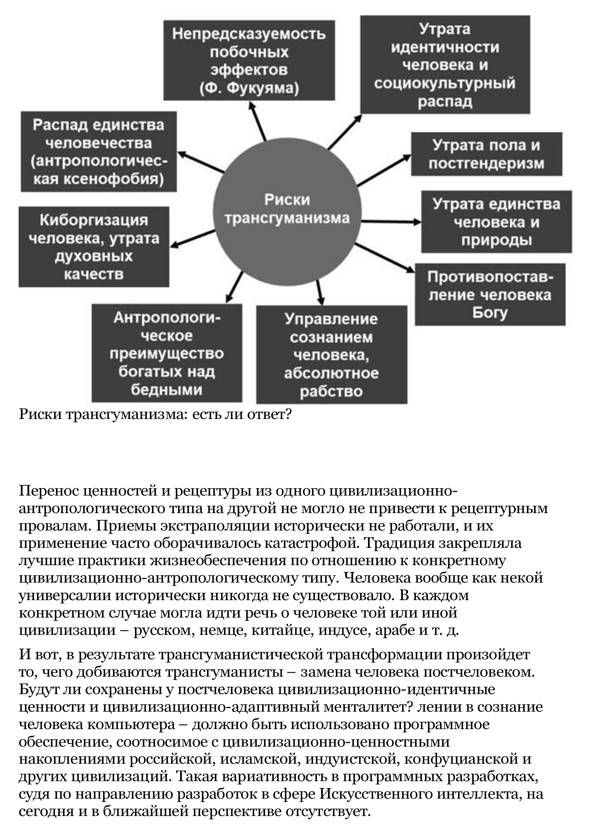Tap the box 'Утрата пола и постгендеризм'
pyautogui.click(x=487, y=154)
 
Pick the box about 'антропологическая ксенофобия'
pyautogui.click(x=99, y=152)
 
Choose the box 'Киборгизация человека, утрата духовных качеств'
pyautogui.click(x=94, y=247)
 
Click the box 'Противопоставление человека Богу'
pyautogui.click(x=490, y=295)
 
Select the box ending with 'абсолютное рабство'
pyautogui.click(x=332, y=355)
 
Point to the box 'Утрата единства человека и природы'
pyautogui.click(x=496, y=222)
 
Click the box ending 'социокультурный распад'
pyautogui.click(x=445, y=65)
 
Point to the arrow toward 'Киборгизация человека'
pyautogui.click(x=193, y=240)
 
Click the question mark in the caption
pyautogui.click(x=289, y=414)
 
